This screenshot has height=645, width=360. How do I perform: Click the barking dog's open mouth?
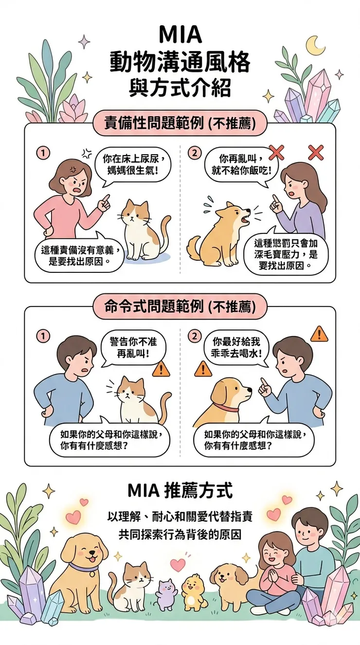pos(245,220)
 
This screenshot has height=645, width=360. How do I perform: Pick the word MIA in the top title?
pos(180,34)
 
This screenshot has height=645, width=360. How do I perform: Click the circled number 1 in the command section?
pos(43,336)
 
